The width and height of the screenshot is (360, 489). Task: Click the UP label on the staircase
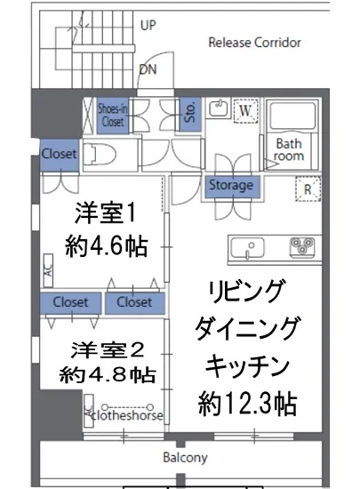tap(148, 26)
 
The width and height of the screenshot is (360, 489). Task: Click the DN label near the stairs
tap(148, 68)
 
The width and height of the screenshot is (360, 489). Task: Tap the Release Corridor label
tap(254, 42)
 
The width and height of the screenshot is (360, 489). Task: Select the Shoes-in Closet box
tap(113, 115)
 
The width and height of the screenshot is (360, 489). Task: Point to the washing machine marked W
tap(246, 110)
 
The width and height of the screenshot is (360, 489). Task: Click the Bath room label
tap(290, 149)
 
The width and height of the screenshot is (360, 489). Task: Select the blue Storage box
tap(231, 186)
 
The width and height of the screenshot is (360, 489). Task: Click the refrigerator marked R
tap(307, 188)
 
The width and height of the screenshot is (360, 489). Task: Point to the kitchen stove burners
tap(302, 245)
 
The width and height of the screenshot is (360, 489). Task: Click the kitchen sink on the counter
tap(248, 246)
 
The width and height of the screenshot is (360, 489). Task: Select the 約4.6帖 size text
tap(105, 244)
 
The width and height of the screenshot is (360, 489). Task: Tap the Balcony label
tap(185, 459)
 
